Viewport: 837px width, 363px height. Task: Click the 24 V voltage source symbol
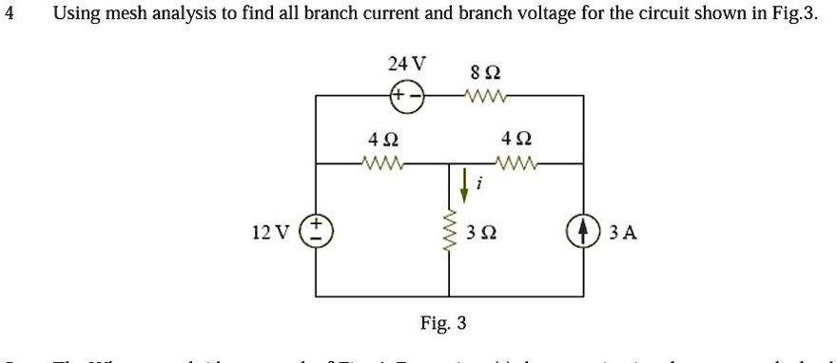point(406,96)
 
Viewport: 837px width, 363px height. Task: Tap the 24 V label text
point(407,65)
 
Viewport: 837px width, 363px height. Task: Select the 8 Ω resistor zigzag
point(486,96)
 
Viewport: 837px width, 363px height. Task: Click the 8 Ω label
point(485,72)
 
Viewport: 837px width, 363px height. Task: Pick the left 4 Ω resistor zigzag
point(384,163)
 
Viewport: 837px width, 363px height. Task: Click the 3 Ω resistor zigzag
point(448,232)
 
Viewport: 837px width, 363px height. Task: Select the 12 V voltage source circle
point(316,231)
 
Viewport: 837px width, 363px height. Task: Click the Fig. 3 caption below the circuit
point(443,322)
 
